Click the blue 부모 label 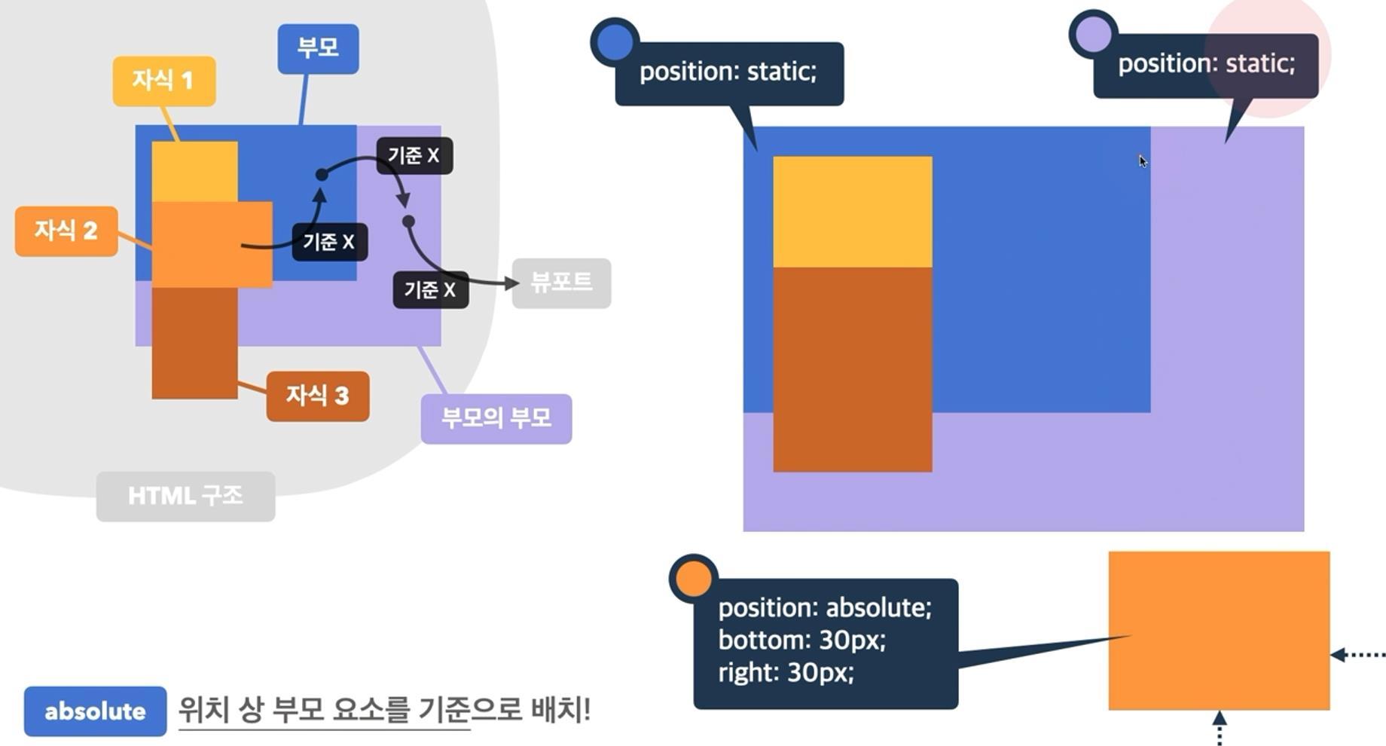[x=318, y=49]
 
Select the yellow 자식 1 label [x=164, y=81]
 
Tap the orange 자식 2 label [x=66, y=231]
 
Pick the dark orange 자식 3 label [x=317, y=396]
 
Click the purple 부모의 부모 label [x=496, y=418]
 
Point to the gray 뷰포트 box [x=561, y=283]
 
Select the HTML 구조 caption [x=185, y=496]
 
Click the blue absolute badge [x=95, y=711]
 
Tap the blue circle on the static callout [x=615, y=42]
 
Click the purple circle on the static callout [x=1093, y=34]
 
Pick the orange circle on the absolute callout [x=693, y=579]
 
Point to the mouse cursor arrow [x=1143, y=161]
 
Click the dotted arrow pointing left [x=1357, y=655]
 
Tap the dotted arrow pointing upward [x=1219, y=726]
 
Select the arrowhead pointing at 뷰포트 [x=513, y=283]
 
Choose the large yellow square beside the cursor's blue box [x=852, y=212]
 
